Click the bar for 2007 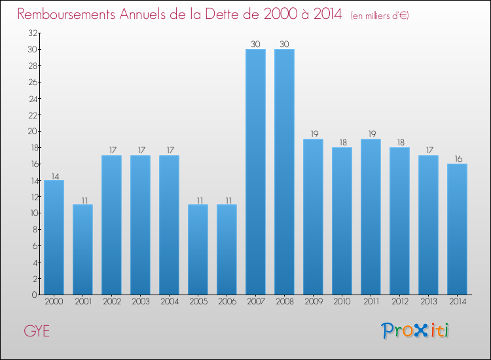click(x=255, y=171)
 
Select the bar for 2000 click(x=54, y=237)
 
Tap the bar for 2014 click(x=457, y=229)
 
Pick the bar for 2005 click(x=198, y=249)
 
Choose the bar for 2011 click(x=371, y=217)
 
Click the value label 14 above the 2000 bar click(x=54, y=175)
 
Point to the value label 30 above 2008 click(x=284, y=45)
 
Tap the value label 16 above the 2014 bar click(x=457, y=159)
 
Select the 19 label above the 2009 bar click(x=313, y=134)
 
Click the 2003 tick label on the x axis click(x=140, y=302)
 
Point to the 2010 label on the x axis click(x=342, y=302)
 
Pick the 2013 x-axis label click(x=428, y=302)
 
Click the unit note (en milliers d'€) click(x=380, y=15)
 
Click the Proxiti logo click(x=416, y=331)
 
